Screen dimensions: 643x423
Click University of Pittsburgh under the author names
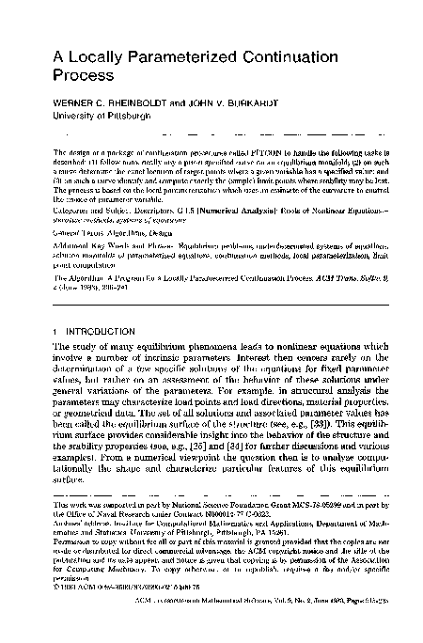106,120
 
